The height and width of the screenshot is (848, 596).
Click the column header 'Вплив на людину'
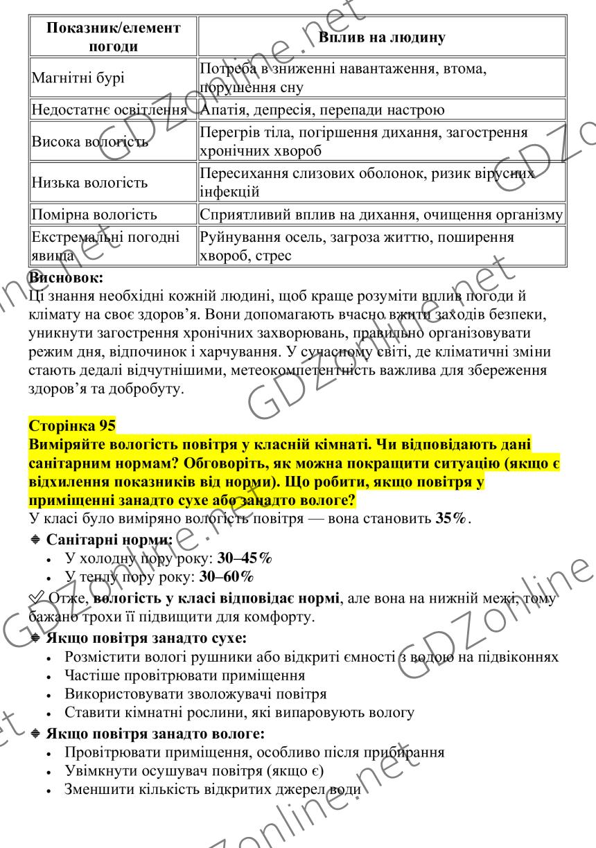[381, 37]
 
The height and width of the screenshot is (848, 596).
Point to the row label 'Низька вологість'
[89, 184]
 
